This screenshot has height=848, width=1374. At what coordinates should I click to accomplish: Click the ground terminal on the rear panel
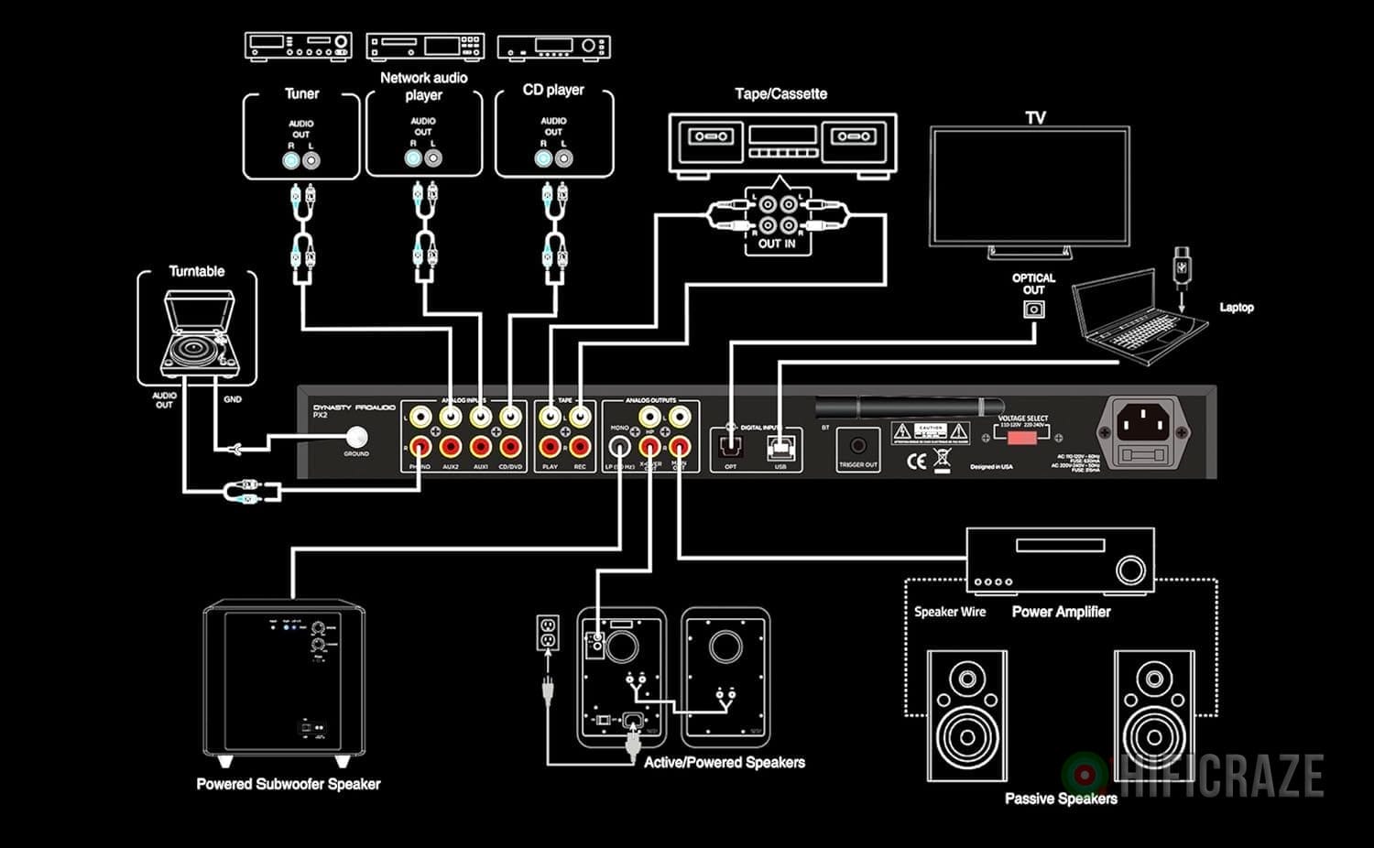(356, 437)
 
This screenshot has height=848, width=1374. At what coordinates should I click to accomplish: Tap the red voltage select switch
(1021, 437)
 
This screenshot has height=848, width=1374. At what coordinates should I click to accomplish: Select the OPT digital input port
(730, 447)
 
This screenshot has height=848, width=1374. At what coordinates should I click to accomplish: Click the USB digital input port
(780, 447)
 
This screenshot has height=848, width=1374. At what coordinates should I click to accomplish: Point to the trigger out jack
(858, 445)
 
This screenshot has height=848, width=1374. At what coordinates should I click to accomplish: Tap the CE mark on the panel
(916, 462)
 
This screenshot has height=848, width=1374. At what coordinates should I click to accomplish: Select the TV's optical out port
(1033, 309)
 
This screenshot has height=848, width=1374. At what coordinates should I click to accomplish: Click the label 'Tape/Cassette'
(780, 93)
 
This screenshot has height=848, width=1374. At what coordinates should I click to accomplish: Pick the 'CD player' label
(553, 90)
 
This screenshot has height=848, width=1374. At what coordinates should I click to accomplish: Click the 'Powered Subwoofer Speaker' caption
(288, 784)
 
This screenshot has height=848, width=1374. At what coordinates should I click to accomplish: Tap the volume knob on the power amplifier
(1130, 570)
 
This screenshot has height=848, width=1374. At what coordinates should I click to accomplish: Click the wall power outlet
(548, 632)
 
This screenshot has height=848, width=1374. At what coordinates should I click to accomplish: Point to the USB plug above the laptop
(1182, 266)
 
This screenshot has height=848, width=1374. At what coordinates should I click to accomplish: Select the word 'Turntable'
(196, 271)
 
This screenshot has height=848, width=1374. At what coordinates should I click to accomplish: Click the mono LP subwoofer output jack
(620, 446)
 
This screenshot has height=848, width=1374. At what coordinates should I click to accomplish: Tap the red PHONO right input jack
(420, 447)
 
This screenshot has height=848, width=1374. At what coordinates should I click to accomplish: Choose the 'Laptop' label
(1236, 308)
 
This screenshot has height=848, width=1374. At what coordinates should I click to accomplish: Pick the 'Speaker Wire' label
(949, 612)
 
